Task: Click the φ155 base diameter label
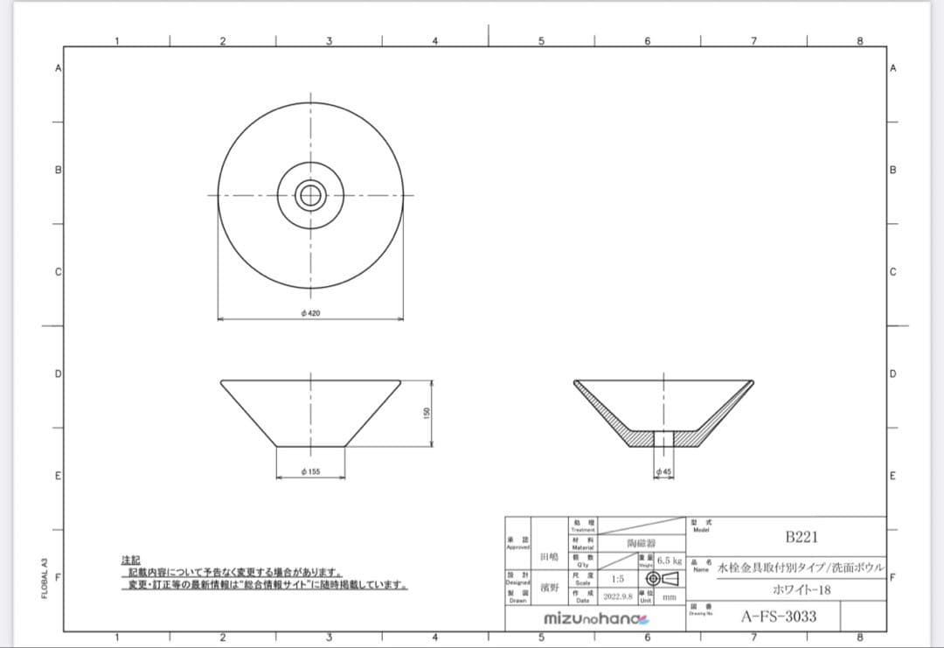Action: click(310, 471)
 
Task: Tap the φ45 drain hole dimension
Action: click(664, 471)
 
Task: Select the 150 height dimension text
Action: click(426, 413)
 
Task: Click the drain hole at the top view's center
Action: click(309, 195)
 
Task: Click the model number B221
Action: click(801, 537)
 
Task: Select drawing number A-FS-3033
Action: click(779, 617)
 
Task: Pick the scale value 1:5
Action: click(617, 579)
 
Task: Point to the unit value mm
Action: click(669, 598)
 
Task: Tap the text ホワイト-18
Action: click(802, 590)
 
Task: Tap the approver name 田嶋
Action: click(549, 556)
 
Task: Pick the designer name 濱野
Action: click(549, 588)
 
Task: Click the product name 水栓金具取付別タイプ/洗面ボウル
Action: click(802, 567)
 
